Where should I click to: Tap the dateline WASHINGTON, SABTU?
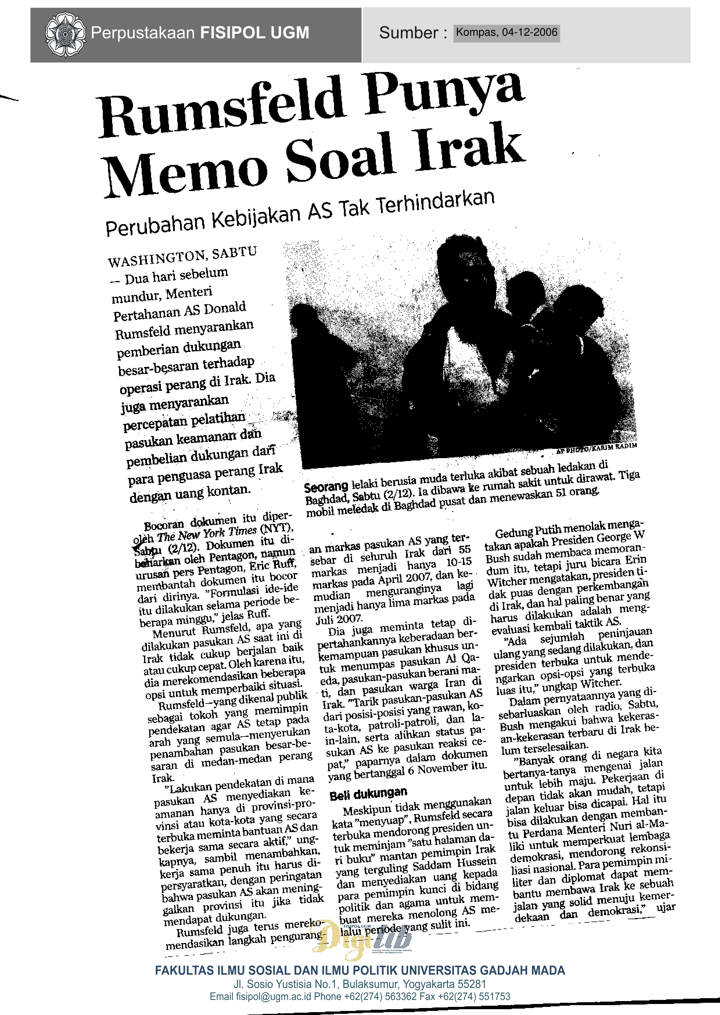(x=182, y=257)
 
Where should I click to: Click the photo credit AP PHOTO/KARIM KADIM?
(x=596, y=448)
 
